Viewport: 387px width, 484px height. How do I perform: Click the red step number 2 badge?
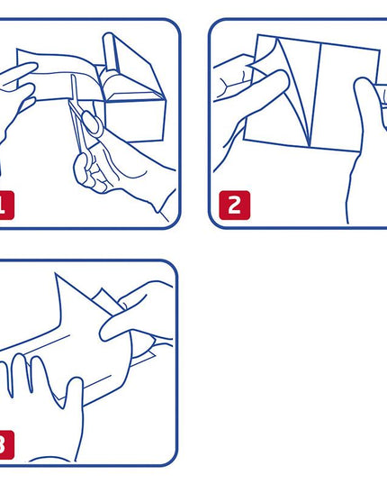(235, 205)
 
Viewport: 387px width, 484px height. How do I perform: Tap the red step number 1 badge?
(7, 205)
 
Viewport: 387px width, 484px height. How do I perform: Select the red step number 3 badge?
(7, 445)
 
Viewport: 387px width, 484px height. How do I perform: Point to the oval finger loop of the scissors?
(93, 123)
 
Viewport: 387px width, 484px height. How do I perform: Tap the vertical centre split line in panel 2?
(316, 95)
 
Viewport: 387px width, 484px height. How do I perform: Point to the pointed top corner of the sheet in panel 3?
(56, 274)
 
